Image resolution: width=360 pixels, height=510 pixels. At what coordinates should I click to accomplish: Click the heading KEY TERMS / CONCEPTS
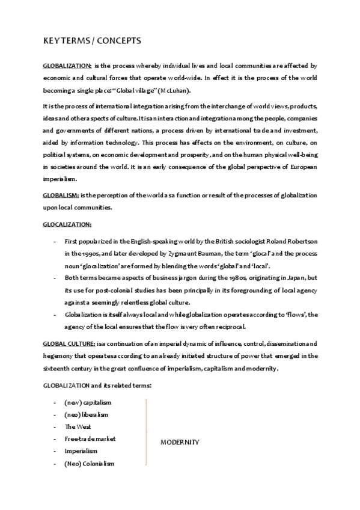[92, 40]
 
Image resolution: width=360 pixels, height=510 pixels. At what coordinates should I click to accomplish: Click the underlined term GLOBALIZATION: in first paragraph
[67, 65]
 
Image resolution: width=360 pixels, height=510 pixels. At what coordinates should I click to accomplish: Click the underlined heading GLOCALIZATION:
[67, 224]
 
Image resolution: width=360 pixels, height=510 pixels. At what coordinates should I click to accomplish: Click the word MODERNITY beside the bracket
[180, 442]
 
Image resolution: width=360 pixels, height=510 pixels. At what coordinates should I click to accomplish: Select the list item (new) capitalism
[88, 402]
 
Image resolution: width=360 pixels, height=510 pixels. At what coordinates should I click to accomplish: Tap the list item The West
[78, 426]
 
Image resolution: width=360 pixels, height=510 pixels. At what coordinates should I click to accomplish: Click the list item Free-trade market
[90, 438]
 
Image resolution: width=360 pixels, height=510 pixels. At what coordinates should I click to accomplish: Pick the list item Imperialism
[81, 450]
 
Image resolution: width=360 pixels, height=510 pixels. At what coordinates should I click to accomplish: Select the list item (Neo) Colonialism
[89, 463]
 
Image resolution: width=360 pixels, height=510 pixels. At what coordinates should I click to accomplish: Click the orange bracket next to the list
[146, 432]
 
